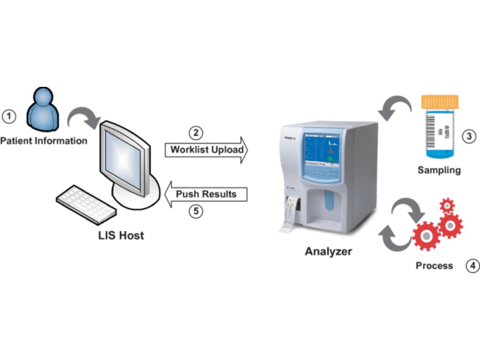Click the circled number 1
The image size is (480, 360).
[9, 116]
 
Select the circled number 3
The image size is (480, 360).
[469, 136]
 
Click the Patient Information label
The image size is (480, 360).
[44, 141]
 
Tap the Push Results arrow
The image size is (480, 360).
[205, 194]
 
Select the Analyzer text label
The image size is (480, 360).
[328, 251]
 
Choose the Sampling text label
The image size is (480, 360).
[439, 170]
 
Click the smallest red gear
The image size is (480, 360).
[447, 205]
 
